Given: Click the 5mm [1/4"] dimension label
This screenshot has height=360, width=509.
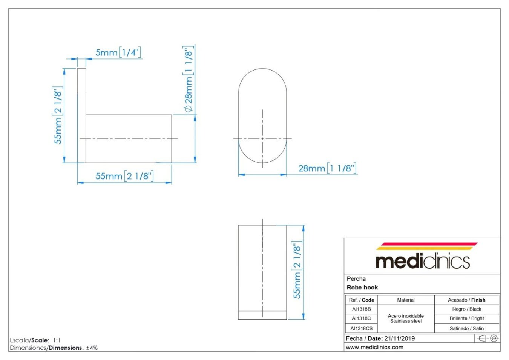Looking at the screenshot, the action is tap(118, 52).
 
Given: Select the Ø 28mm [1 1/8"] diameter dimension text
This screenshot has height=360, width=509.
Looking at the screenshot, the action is tap(189, 79).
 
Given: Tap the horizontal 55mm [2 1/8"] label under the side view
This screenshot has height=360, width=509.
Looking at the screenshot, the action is tap(124, 176).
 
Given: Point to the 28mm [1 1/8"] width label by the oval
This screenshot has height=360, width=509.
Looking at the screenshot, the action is tap(327, 168).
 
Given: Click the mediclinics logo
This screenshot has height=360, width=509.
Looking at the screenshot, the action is tap(423, 256).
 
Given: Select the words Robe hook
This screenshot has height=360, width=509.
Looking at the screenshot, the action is tap(362, 288).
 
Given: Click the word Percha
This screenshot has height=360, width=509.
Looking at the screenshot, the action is tap(356, 279).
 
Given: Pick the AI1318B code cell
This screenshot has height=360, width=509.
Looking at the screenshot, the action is tap(361, 309).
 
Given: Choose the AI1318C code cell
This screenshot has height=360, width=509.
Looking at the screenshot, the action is tap(361, 318).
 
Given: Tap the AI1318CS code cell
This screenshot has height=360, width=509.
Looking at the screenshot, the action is tap(361, 328).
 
